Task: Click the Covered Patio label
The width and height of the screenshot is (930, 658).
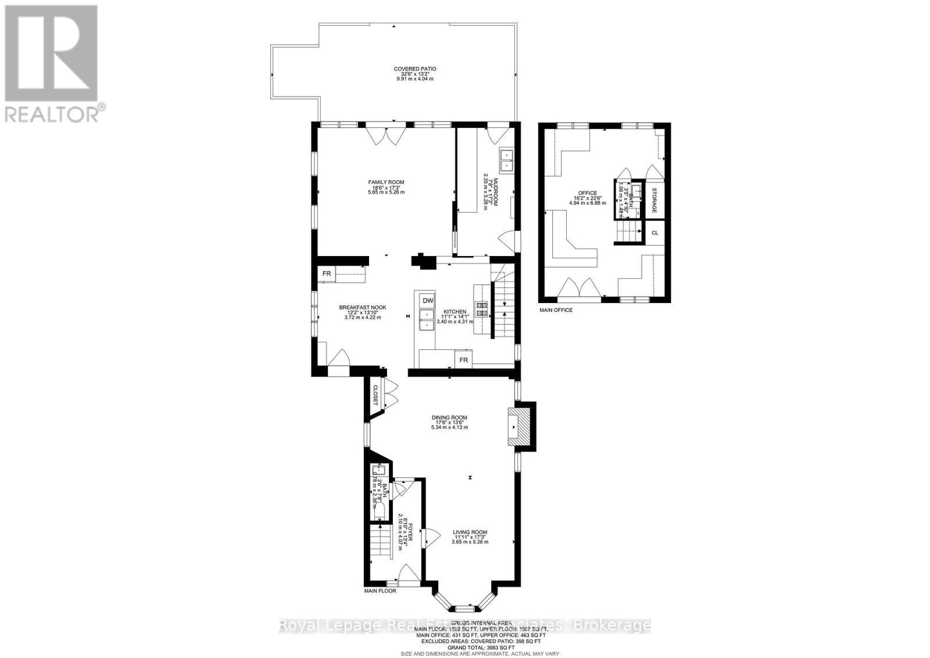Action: pyautogui.click(x=415, y=69)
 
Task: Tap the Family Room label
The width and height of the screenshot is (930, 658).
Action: pyautogui.click(x=385, y=182)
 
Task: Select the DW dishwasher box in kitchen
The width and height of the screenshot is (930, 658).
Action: pyautogui.click(x=427, y=300)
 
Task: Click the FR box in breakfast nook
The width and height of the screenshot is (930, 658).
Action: pyautogui.click(x=327, y=273)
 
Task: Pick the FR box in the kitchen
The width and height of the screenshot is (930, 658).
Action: pyautogui.click(x=464, y=360)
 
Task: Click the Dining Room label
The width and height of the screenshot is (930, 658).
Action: pyautogui.click(x=449, y=417)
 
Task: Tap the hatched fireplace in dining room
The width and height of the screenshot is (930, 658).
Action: pyautogui.click(x=519, y=426)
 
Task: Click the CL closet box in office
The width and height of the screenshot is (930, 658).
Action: pyautogui.click(x=654, y=233)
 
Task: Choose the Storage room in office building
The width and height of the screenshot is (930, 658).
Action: pyautogui.click(x=654, y=200)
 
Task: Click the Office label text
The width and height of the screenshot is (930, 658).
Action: pyautogui.click(x=588, y=193)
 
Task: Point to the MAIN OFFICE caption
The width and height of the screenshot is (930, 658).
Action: pyautogui.click(x=556, y=310)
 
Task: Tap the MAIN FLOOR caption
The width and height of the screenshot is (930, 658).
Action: pyautogui.click(x=380, y=591)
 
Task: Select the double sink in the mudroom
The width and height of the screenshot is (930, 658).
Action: pyautogui.click(x=506, y=161)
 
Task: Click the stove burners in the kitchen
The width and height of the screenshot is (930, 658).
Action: pyautogui.click(x=482, y=309)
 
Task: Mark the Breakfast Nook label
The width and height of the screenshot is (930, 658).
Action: pyautogui.click(x=363, y=308)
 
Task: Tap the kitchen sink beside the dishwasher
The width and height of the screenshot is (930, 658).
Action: pyautogui.click(x=427, y=320)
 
